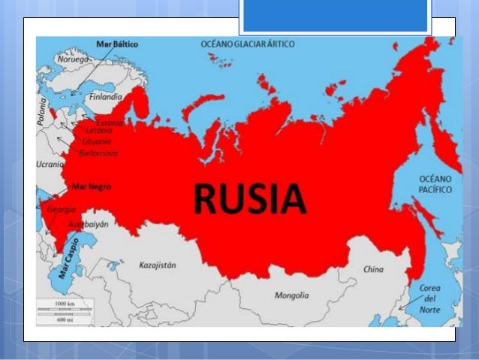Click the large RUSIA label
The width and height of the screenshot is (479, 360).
[250, 198]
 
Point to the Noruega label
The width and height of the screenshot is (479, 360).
[73, 58]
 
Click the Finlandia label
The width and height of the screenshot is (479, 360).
[105, 97]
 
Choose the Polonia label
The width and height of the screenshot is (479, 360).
[42, 110]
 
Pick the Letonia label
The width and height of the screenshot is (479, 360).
[101, 131]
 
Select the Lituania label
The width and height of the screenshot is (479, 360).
[97, 141]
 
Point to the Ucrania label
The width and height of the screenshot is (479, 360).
[50, 163]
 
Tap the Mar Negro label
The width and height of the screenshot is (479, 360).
[89, 185]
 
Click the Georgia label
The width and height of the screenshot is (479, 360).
[61, 210]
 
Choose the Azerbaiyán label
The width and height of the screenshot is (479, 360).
[89, 224]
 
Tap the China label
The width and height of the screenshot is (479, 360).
[373, 269]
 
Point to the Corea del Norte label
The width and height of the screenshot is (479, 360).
[429, 298]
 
